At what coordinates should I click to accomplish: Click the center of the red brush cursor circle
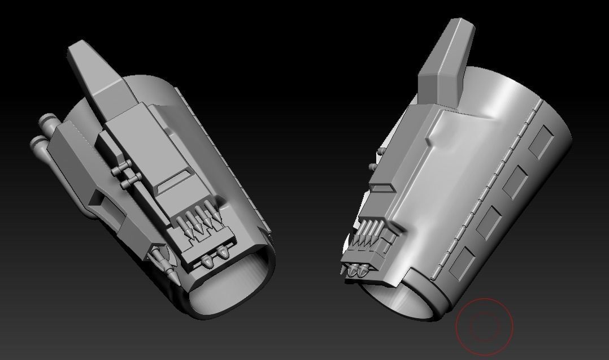(484, 327)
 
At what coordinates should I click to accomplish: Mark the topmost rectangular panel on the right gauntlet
(541, 141)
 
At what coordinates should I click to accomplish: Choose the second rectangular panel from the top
(515, 183)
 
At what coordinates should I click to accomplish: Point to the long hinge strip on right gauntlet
(485, 192)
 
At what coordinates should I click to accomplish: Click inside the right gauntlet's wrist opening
(401, 300)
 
